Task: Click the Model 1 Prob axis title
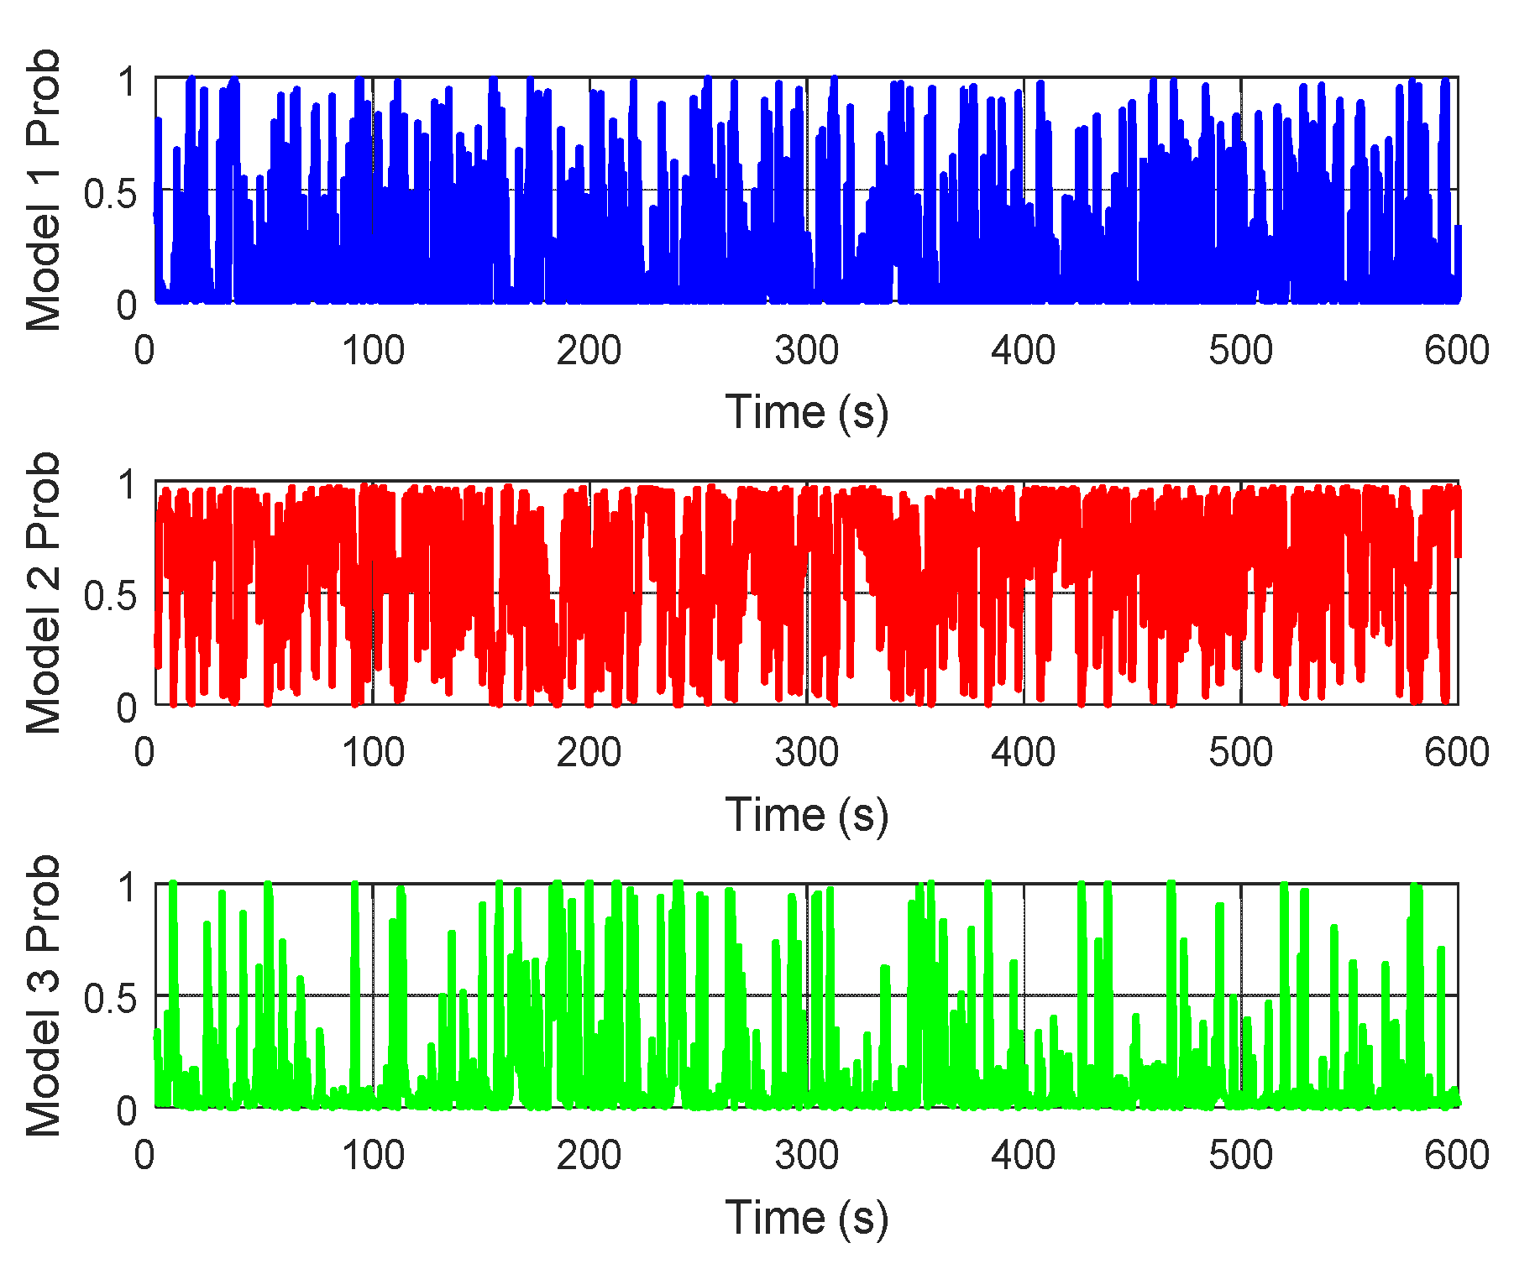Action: [x=44, y=190]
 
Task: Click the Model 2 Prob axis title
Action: [x=44, y=593]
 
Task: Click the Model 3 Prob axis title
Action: [x=44, y=995]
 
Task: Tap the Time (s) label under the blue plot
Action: [x=806, y=412]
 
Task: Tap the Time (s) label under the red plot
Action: [x=806, y=815]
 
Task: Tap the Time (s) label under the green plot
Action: [x=806, y=1218]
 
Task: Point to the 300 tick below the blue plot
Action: [x=806, y=350]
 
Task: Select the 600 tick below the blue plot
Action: [x=1457, y=350]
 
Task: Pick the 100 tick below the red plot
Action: [x=373, y=752]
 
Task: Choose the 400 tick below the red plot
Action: [x=1023, y=752]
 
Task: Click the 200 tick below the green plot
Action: [x=589, y=1155]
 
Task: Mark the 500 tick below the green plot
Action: [x=1240, y=1155]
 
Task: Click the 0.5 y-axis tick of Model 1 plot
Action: [x=110, y=194]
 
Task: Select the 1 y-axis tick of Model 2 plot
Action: [x=127, y=485]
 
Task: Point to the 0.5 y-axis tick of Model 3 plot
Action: [x=110, y=999]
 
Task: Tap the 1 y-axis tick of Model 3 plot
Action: [x=127, y=888]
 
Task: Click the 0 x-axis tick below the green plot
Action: [x=144, y=1155]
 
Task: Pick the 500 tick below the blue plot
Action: [x=1240, y=350]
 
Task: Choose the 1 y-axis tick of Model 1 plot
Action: [x=127, y=82]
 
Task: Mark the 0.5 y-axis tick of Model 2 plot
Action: [x=110, y=596]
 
